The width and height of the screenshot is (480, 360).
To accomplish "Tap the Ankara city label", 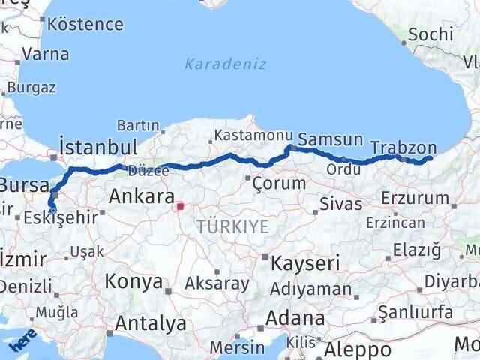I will [x=142, y=196].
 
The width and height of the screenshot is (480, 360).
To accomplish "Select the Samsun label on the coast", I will [x=330, y=139].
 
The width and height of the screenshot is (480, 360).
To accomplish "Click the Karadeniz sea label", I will [x=225, y=64].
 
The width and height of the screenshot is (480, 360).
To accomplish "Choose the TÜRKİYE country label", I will [x=232, y=225].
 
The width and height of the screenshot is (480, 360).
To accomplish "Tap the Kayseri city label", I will [x=305, y=262].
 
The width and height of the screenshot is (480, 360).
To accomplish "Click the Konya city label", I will [x=134, y=281].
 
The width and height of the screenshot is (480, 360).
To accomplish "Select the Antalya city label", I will [x=151, y=324].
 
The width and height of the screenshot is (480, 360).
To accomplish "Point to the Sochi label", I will [x=431, y=34].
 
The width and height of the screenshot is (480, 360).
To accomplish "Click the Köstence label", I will [x=86, y=23].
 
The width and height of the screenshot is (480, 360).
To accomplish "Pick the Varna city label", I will [x=45, y=54].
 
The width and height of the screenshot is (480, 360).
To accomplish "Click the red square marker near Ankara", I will [x=180, y=204].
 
